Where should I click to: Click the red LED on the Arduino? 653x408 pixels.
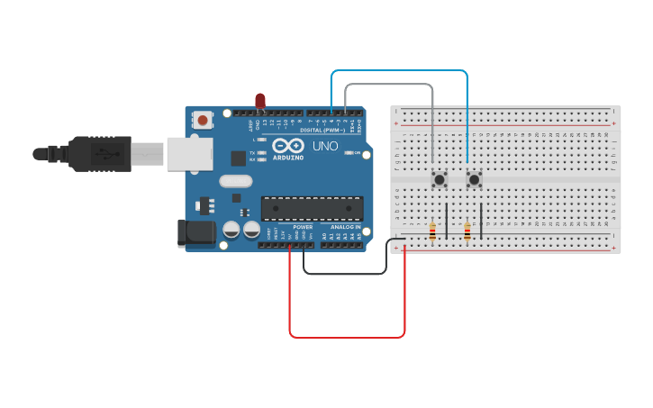260,100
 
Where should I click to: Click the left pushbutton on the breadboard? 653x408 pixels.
440,179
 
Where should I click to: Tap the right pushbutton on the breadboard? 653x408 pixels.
474,179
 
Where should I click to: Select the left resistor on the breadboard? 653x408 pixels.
432,232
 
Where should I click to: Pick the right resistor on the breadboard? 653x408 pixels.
467,232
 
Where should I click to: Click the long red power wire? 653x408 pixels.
347,337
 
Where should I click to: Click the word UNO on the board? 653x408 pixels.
325,146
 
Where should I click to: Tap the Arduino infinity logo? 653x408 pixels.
288,146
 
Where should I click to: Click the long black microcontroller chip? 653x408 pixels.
312,208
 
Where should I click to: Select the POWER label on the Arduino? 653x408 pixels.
303,227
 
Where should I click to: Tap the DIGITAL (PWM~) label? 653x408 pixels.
322,130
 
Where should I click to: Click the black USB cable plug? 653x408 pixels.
99,154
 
